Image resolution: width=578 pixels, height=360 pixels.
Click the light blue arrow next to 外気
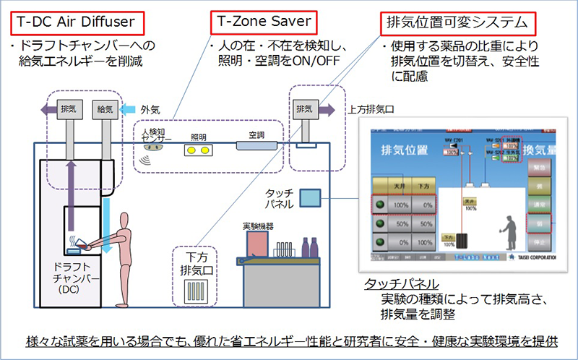click(x=129, y=109)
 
